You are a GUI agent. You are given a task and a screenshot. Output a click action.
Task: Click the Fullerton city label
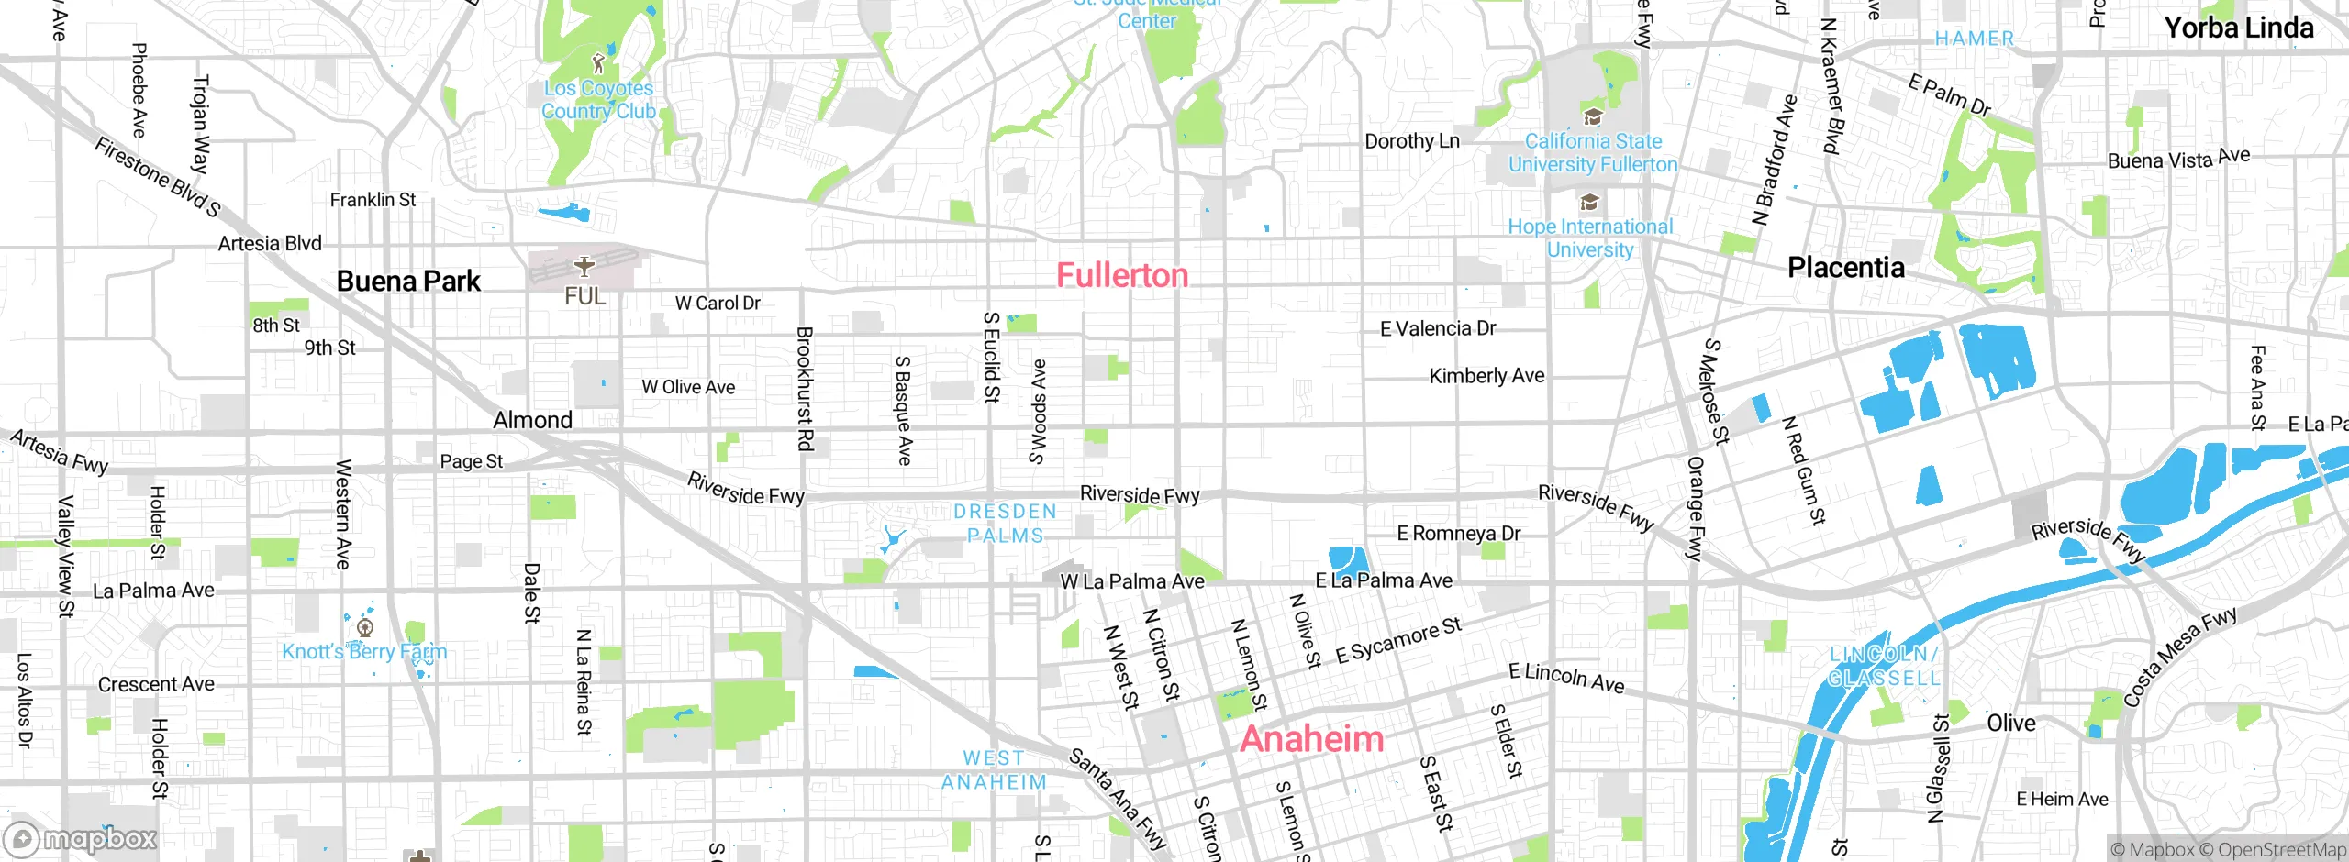tap(1122, 275)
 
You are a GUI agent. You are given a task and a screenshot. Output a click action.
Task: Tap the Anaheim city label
tap(1311, 739)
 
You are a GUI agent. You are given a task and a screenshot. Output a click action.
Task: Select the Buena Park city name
tap(408, 281)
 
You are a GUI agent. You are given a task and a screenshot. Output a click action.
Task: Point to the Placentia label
tap(1846, 267)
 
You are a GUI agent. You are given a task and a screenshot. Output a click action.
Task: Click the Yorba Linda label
tap(2239, 28)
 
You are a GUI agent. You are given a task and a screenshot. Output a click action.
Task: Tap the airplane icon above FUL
tap(584, 267)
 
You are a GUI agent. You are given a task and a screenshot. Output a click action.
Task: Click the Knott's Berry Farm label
tap(364, 651)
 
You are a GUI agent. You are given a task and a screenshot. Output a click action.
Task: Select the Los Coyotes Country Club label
tap(598, 100)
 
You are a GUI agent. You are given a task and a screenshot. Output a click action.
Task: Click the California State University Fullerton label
tap(1593, 153)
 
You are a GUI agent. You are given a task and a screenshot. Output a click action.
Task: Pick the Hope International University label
tap(1590, 238)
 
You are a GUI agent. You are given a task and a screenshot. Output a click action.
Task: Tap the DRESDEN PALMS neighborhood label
tap(1005, 524)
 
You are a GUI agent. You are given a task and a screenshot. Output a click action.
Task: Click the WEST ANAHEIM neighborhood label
tap(994, 770)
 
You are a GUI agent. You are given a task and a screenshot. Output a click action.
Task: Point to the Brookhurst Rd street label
tap(805, 389)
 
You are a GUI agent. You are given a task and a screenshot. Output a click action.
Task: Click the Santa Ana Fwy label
tap(1118, 799)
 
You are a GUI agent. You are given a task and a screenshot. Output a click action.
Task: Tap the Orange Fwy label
tap(1695, 508)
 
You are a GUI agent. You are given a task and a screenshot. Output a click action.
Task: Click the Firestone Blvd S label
tap(157, 177)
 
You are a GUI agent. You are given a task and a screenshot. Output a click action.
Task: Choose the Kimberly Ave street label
tap(1486, 376)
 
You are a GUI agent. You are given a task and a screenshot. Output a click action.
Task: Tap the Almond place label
tap(532, 420)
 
